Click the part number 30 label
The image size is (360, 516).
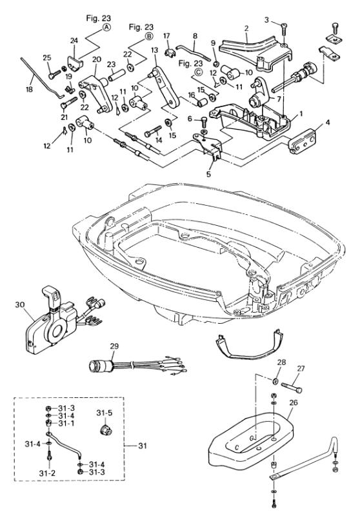click(20, 304)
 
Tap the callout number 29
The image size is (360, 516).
click(114, 346)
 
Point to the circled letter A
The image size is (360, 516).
click(106, 27)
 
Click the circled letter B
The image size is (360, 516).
click(149, 36)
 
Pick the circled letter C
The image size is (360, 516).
click(198, 72)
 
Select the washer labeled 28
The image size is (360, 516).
click(274, 381)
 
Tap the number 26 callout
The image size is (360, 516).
click(293, 402)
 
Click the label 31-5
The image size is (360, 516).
click(105, 413)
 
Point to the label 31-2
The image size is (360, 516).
click(47, 473)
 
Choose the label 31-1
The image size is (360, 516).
click(66, 423)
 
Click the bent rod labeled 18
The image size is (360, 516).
click(42, 78)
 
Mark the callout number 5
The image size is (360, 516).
click(208, 174)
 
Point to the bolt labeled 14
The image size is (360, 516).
click(153, 131)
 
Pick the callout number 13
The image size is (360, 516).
click(154, 50)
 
